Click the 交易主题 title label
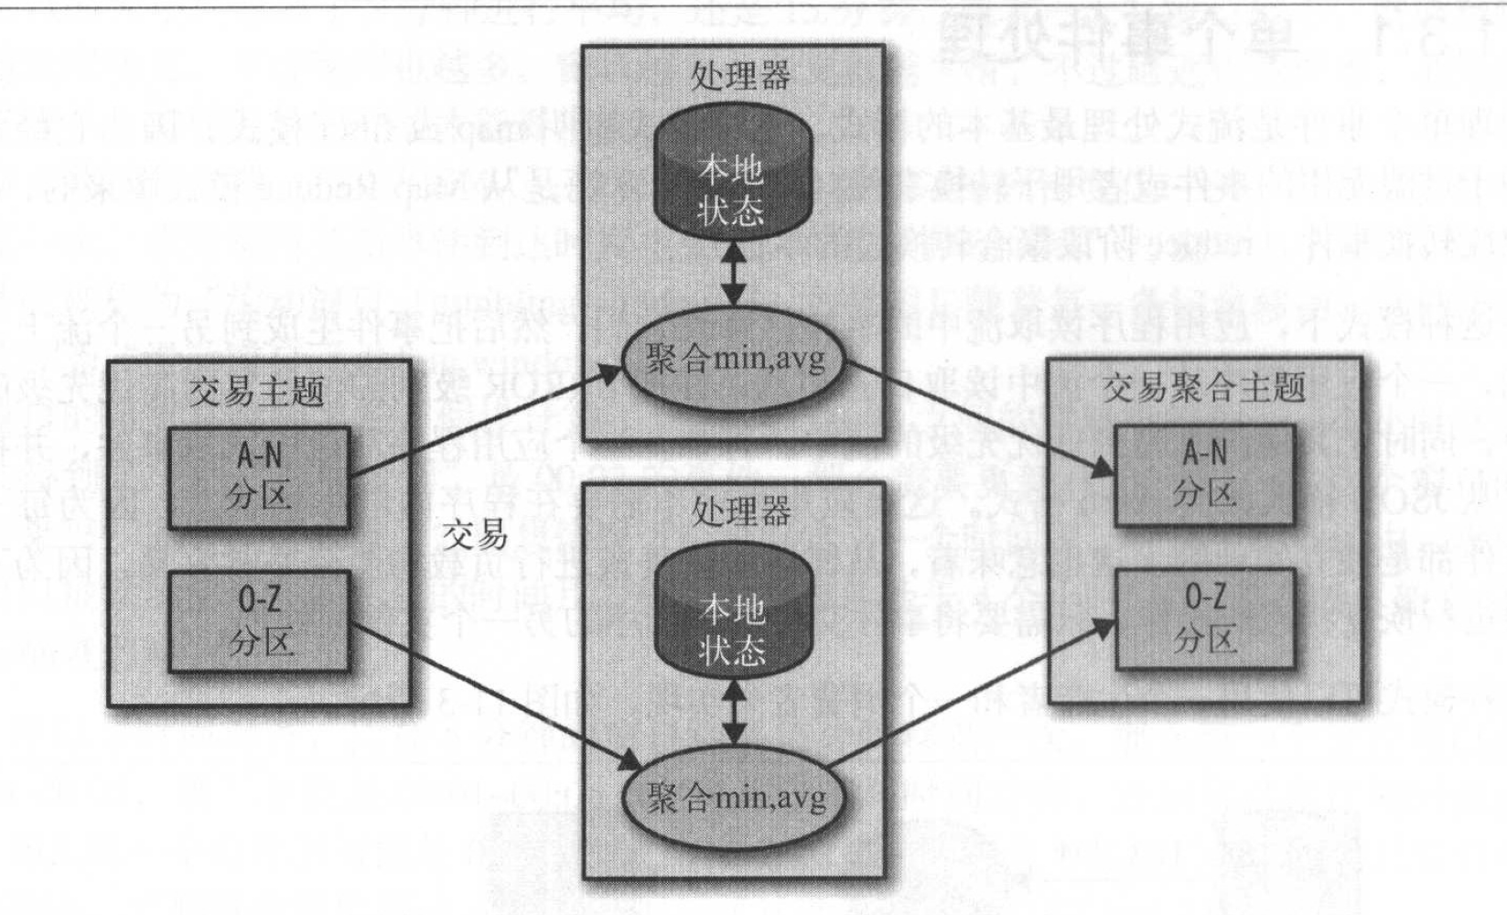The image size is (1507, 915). coord(257,392)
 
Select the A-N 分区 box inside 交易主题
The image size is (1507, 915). coord(259,477)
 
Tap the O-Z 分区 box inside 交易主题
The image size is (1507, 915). coord(259,621)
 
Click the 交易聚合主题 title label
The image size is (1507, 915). coord(1203,388)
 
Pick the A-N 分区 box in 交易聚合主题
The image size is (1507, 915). coord(1204,474)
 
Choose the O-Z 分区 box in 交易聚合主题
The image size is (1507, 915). coord(1205,619)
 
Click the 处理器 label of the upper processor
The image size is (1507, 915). coord(740,76)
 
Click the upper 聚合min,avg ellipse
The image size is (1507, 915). coord(734,359)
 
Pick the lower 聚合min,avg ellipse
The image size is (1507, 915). coord(734,798)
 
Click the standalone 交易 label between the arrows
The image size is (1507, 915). coord(475,534)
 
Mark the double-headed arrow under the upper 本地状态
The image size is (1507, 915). coord(733,271)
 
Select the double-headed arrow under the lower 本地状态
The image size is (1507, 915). coord(733,711)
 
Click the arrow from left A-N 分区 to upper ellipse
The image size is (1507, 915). coord(485,422)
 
